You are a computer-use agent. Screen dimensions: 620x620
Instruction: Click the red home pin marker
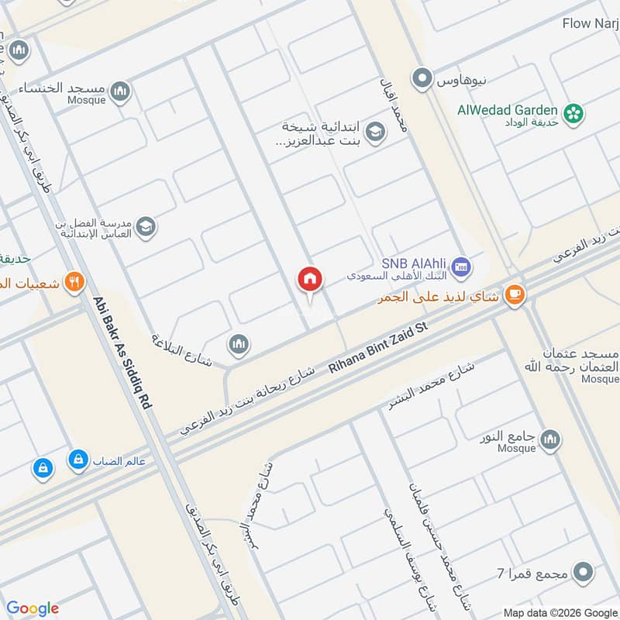pyautogui.click(x=310, y=280)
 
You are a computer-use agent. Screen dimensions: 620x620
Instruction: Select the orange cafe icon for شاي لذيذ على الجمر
pyautogui.click(x=515, y=294)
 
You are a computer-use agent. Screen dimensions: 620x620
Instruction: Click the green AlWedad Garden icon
pyautogui.click(x=573, y=114)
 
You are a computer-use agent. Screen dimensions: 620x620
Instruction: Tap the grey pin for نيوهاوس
pyautogui.click(x=422, y=78)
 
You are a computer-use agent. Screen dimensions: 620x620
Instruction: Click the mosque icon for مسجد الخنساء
pyautogui.click(x=119, y=93)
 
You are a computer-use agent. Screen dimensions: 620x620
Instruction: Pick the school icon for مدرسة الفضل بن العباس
pyautogui.click(x=145, y=226)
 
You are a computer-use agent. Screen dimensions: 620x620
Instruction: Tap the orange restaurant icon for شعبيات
pyautogui.click(x=74, y=282)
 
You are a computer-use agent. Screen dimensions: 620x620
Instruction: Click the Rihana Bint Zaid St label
pyautogui.click(x=378, y=350)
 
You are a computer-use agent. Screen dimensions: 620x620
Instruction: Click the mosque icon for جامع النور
pyautogui.click(x=549, y=439)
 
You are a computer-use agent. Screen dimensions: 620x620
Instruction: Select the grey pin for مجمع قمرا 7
pyautogui.click(x=584, y=573)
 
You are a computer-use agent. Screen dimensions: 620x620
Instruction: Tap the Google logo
pyautogui.click(x=33, y=608)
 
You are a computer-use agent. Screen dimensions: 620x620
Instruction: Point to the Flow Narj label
pyautogui.click(x=591, y=23)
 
